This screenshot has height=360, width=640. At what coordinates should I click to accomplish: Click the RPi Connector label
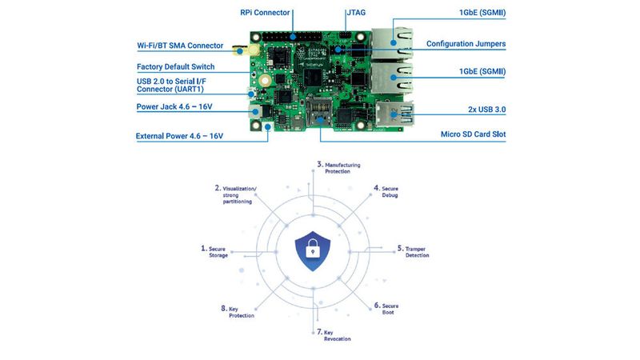[x=266, y=14]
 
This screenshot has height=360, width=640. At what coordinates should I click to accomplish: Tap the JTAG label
[x=357, y=14]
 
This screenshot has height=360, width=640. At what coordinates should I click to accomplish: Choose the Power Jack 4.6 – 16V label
[x=181, y=106]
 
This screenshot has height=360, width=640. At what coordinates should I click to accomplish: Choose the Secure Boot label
[x=386, y=309]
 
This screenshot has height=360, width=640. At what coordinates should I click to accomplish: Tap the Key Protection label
[x=239, y=312]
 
